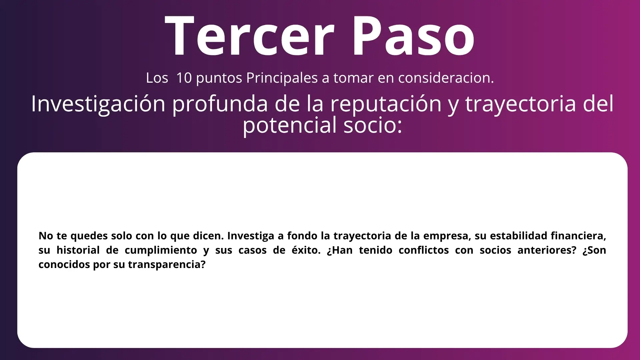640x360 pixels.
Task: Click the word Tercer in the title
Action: click(x=249, y=36)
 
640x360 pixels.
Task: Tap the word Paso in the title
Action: click(x=414, y=36)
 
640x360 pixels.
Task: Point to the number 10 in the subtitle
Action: click(x=184, y=78)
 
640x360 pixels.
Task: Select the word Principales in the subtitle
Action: click(x=282, y=78)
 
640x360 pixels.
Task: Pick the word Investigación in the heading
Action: click(x=98, y=104)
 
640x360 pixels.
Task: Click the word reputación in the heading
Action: click(x=386, y=104)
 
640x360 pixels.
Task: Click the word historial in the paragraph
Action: click(x=78, y=250)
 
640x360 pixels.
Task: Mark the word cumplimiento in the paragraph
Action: click(x=161, y=250)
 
